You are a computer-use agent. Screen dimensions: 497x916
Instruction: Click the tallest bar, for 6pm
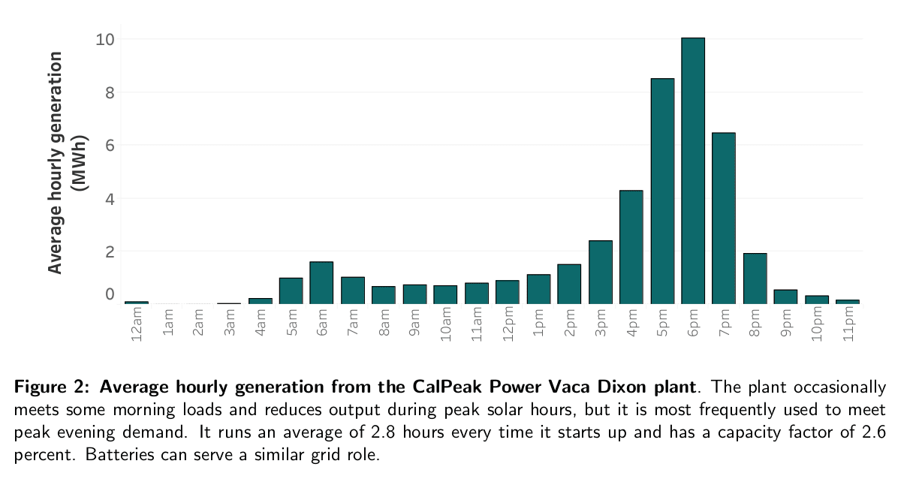point(693,171)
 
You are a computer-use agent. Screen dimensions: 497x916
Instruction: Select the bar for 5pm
point(662,191)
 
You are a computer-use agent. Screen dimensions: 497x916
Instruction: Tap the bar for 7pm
point(724,218)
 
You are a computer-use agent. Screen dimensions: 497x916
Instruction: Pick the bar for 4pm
point(631,247)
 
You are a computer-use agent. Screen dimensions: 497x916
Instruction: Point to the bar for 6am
point(321,283)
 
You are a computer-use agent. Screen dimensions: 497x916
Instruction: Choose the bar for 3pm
point(601,273)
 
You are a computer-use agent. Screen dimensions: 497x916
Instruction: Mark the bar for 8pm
point(755,279)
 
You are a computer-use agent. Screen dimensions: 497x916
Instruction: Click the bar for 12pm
point(508,292)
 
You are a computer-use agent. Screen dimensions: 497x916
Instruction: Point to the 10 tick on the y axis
point(104,39)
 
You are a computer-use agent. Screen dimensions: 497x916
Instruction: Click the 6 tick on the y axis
point(109,146)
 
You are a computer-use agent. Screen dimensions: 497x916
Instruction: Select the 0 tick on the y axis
point(109,294)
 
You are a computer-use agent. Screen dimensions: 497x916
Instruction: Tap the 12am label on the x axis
point(137,325)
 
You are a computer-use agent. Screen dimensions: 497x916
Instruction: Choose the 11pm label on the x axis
point(848,325)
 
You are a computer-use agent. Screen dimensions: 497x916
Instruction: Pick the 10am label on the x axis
point(446,325)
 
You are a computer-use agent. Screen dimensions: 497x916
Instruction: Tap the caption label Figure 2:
point(54,388)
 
